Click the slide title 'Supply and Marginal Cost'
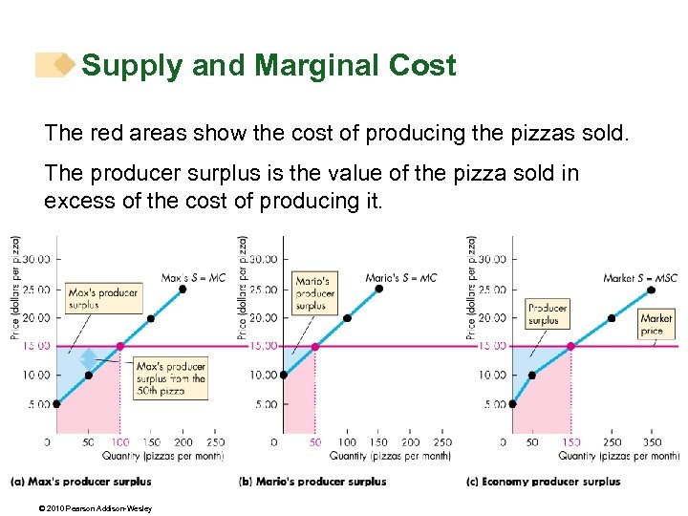[x=269, y=66]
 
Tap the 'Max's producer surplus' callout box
[x=103, y=298]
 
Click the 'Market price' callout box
[x=656, y=324]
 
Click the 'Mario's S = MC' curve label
[x=400, y=278]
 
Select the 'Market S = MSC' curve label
[x=640, y=278]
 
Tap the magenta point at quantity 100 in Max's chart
[x=119, y=346]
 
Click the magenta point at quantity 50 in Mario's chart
[x=315, y=346]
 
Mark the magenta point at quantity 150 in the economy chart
[x=571, y=346]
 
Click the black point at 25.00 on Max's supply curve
[x=183, y=289]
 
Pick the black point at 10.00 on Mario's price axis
[x=283, y=375]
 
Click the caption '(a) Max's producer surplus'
[x=81, y=482]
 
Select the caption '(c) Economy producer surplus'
[x=544, y=482]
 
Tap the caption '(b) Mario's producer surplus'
[x=312, y=482]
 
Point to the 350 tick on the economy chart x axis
[x=651, y=442]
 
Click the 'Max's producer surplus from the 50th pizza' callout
[x=170, y=378]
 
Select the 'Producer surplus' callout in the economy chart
[x=548, y=314]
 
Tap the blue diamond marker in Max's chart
[x=88, y=359]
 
